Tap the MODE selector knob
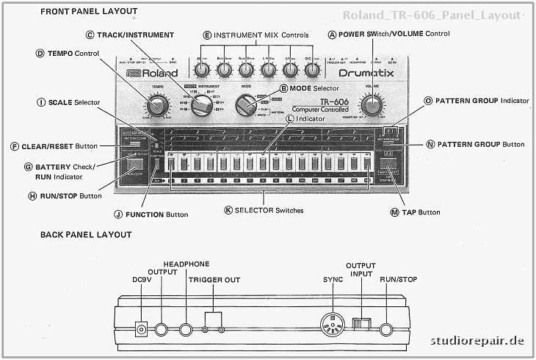click(245, 107)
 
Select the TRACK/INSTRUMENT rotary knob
click(200, 108)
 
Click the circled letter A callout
click(332, 35)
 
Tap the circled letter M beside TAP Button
click(395, 212)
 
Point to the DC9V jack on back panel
click(142, 330)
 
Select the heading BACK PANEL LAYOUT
click(86, 234)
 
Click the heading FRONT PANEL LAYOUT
click(88, 12)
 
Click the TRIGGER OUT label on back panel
click(214, 280)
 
